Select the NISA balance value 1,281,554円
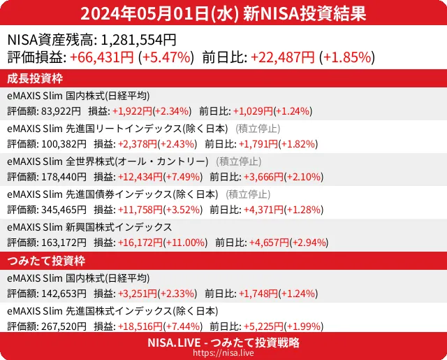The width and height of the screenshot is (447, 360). pos(139,41)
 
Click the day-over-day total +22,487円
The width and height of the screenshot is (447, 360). pos(282,58)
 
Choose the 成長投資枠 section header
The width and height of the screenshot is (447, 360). pos(36,78)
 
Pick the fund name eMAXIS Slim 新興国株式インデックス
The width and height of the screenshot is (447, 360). pos(89,227)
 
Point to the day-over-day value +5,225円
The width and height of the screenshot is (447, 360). pos(258,326)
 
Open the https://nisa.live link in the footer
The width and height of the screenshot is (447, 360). pos(223,353)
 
